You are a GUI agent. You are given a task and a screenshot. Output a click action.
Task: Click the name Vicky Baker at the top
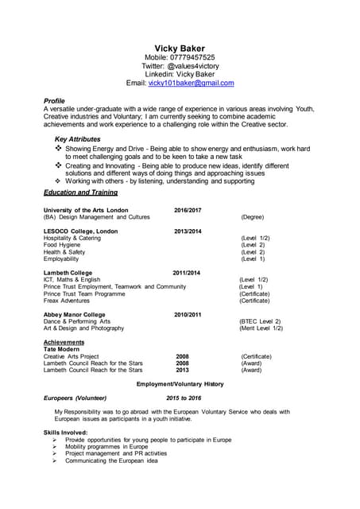pos(180,49)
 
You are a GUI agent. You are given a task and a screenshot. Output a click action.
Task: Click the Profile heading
pos(55,101)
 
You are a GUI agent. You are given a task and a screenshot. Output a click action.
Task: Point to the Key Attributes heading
pos(79,139)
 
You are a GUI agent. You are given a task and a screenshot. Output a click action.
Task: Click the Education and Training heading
pos(80,192)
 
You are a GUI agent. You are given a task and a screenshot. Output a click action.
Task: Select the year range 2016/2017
pos(188,210)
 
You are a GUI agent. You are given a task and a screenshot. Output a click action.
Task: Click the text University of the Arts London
pos(86,210)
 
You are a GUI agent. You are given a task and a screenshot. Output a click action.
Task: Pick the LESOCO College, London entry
pos(80,231)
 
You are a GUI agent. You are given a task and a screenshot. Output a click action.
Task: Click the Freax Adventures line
pos(67,301)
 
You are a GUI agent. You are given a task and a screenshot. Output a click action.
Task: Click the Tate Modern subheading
pos(61,349)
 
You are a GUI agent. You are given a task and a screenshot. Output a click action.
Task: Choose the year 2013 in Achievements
pos(182,370)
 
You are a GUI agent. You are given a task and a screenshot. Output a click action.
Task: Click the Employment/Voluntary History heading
pos(180,384)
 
